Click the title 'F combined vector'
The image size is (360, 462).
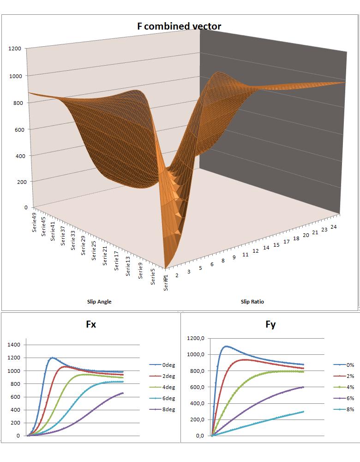tap(179, 26)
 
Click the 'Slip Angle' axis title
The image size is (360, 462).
tap(99, 302)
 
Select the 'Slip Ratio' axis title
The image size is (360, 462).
tap(252, 302)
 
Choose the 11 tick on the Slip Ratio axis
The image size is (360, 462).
tap(245, 254)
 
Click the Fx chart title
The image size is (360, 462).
tap(91, 324)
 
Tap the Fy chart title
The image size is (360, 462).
tap(270, 324)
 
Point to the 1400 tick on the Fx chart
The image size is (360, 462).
tap(14, 345)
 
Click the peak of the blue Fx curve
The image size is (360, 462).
tap(52, 358)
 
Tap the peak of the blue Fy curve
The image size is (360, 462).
tap(226, 346)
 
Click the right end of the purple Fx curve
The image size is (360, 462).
tap(123, 393)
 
